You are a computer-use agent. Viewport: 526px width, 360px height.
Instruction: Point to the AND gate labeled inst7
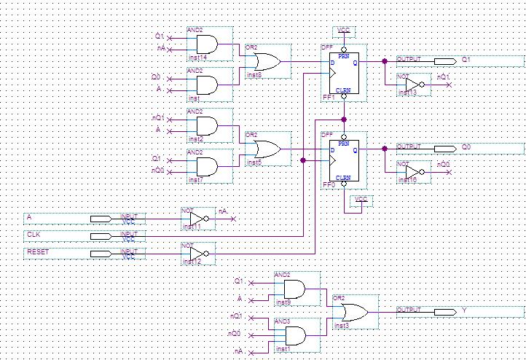click(206, 167)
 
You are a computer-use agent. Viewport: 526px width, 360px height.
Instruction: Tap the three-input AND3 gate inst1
click(295, 335)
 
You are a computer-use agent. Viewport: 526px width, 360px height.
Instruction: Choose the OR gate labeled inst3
click(350, 312)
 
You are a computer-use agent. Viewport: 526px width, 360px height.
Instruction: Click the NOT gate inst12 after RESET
click(198, 254)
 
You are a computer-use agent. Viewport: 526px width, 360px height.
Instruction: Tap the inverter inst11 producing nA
click(198, 219)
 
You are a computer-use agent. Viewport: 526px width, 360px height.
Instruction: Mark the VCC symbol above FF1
click(344, 31)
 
